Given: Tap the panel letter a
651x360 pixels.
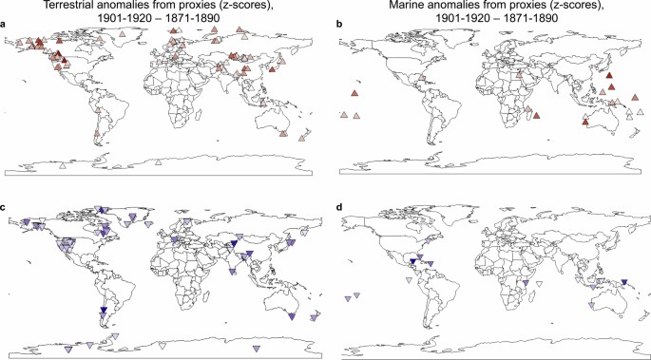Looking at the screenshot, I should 5,28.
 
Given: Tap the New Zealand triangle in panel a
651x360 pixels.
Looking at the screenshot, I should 310,136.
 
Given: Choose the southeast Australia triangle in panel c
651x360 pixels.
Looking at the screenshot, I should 293,315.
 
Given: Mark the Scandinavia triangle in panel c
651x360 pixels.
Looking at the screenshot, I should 186,222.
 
